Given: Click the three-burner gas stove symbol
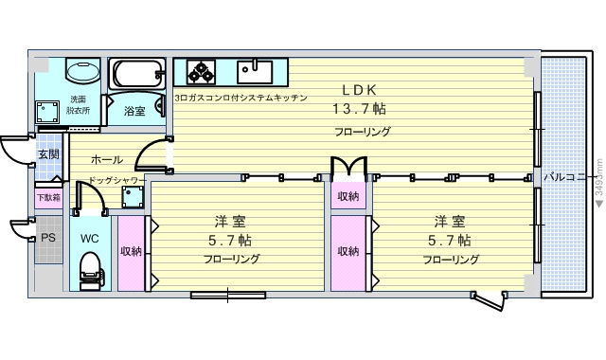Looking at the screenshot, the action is point(201,72).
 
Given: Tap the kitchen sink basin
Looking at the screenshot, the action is point(255,72).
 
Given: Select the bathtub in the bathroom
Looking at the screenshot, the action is point(137,74).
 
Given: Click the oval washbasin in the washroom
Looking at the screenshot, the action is point(82,71).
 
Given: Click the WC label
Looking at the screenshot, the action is point(90,239).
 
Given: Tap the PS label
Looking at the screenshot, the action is point(48,238).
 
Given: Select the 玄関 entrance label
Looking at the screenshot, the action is point(48,154).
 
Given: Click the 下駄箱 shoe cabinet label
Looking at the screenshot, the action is point(48,198).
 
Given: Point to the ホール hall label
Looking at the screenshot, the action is point(107,159).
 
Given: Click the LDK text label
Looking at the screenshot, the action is point(360,90).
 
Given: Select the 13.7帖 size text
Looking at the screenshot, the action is point(360,109).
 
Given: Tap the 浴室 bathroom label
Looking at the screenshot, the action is point(134,112).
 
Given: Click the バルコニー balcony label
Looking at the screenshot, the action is point(567,177).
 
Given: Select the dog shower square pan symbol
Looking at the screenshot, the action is point(133,197).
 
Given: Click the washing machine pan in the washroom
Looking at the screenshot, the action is point(47,113).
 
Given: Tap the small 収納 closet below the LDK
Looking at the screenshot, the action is point(348,196).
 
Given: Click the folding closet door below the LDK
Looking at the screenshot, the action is point(348,166).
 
